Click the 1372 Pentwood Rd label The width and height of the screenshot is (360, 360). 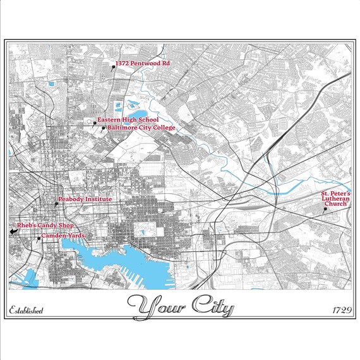143,64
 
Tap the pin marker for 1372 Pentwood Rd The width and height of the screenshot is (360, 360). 113,66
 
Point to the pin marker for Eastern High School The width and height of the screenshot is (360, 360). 95,123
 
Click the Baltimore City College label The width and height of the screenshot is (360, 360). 141,128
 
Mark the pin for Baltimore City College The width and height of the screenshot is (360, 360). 104,128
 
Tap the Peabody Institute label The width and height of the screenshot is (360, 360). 85,199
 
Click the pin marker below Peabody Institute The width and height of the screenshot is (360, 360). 56,204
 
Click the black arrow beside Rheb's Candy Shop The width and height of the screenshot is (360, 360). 13,232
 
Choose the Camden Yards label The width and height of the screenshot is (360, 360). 63,236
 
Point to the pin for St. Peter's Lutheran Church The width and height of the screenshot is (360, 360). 325,210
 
